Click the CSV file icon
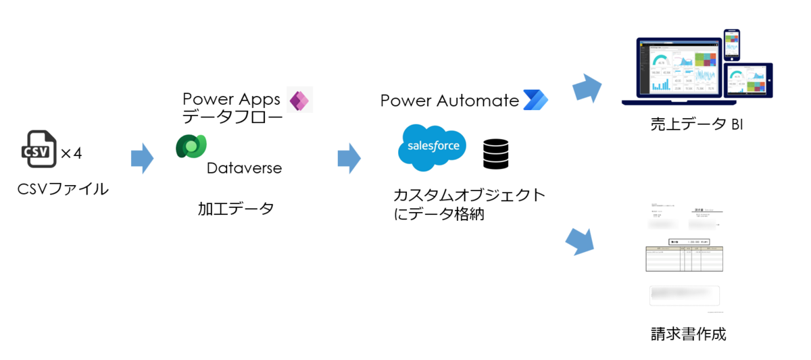(x=39, y=149)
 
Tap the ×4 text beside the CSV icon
(x=71, y=154)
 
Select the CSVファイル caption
(x=63, y=189)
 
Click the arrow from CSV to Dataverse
(x=142, y=159)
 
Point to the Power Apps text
(x=231, y=99)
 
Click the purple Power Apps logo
(x=299, y=100)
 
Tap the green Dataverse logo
(x=191, y=147)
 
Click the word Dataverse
(x=244, y=168)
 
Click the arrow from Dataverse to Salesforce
(x=349, y=159)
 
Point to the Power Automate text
(x=449, y=101)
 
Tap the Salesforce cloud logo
(x=433, y=147)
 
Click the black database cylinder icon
(x=495, y=153)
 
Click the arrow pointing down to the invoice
(x=579, y=240)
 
